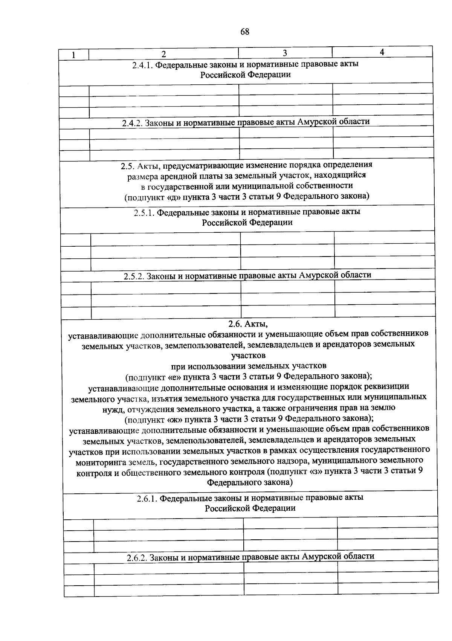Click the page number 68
click(x=245, y=32)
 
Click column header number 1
click(x=73, y=55)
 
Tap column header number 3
click(x=285, y=52)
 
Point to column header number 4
click(x=382, y=52)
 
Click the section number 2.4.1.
click(x=143, y=65)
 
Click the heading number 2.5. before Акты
click(x=128, y=165)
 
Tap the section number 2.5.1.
click(x=144, y=212)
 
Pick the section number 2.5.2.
click(x=134, y=276)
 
